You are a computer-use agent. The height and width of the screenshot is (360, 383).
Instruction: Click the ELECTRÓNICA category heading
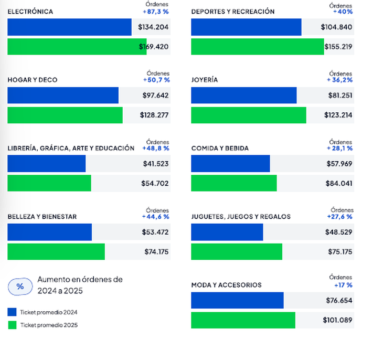[30, 12]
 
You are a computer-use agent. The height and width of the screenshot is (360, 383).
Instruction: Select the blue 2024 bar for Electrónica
[69, 27]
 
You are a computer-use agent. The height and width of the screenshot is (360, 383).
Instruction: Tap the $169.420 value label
[154, 47]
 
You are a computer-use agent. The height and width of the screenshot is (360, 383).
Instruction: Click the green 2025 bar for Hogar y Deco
[65, 115]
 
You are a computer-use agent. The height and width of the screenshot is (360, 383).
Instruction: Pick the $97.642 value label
[155, 96]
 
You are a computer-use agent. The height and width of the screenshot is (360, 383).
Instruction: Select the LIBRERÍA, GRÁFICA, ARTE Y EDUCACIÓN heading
[71, 149]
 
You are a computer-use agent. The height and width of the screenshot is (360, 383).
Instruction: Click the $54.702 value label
[155, 183]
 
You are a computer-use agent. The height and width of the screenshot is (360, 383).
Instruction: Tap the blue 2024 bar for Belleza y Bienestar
[49, 232]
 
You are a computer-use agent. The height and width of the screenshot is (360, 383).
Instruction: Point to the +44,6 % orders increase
[155, 216]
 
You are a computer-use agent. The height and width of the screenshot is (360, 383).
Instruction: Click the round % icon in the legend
[20, 287]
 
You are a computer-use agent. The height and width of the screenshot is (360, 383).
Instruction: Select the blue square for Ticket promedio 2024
[12, 312]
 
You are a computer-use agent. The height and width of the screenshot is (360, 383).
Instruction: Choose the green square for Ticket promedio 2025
[12, 325]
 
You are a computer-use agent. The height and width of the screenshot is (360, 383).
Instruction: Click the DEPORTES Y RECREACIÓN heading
[232, 12]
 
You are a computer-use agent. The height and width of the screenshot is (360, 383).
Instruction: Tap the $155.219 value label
[338, 47]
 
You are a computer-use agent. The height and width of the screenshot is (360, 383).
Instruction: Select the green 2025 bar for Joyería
[248, 115]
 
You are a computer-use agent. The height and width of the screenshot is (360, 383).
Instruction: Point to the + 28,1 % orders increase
[339, 149]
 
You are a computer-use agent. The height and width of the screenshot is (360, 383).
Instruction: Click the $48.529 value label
[338, 232]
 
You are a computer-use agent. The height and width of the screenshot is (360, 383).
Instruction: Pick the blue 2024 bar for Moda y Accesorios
[237, 301]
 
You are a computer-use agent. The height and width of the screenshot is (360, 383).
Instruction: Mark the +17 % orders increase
[343, 285]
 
